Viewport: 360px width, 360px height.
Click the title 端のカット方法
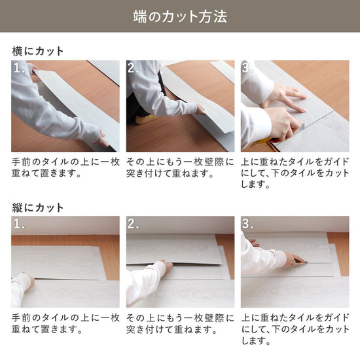(179, 16)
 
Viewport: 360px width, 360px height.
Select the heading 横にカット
(38, 50)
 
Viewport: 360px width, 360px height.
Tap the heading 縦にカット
(38, 207)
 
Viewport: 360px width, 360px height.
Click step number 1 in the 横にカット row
(18, 68)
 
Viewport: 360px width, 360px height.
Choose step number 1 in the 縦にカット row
(18, 225)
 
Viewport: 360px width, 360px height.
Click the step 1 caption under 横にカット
(65, 168)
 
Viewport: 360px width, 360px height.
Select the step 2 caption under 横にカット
(179, 168)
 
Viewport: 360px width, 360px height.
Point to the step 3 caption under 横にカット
(295, 173)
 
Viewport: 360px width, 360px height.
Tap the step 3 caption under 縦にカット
(295, 329)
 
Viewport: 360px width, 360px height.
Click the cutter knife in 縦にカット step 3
(300, 262)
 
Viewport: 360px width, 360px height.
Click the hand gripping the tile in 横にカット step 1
(101, 139)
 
